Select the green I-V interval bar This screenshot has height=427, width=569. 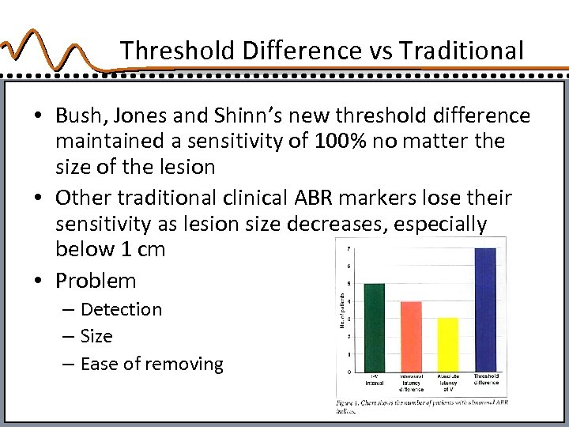(374, 327)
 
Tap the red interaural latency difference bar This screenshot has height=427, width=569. (411, 335)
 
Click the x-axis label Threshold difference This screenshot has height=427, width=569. (486, 379)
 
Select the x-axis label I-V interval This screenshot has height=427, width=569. (374, 379)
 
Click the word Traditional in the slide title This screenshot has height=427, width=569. (462, 51)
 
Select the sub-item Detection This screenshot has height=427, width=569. (121, 309)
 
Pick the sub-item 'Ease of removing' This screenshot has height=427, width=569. (152, 364)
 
